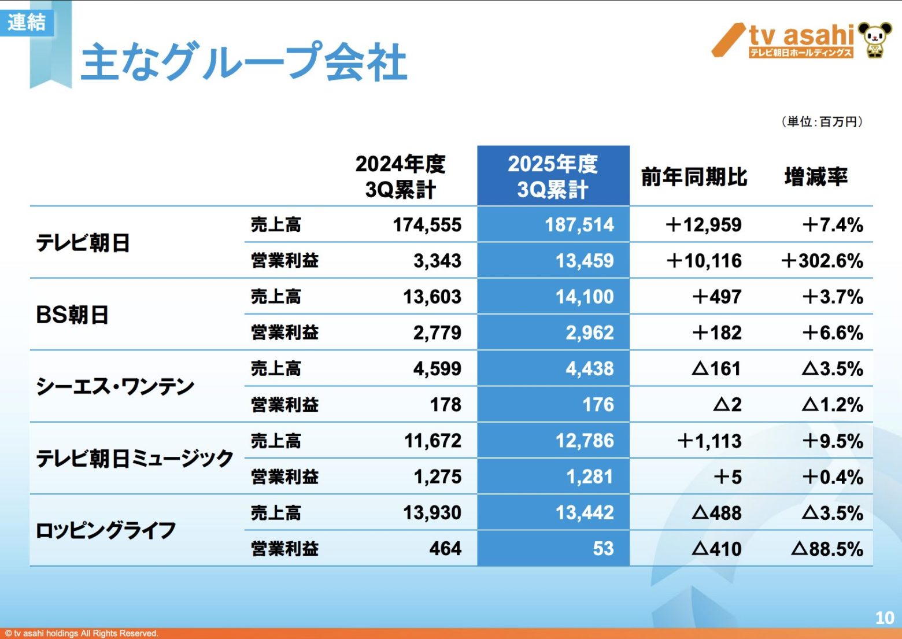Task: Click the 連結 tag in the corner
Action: pyautogui.click(x=27, y=23)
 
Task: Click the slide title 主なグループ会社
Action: pyautogui.click(x=244, y=61)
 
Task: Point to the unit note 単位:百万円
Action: pyautogui.click(x=822, y=121)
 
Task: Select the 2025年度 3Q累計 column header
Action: pyautogui.click(x=553, y=176)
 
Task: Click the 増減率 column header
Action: pyautogui.click(x=816, y=177)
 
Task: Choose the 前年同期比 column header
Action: pyautogui.click(x=694, y=177)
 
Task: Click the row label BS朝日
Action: pyautogui.click(x=72, y=315)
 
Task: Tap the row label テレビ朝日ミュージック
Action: pyautogui.click(x=135, y=459)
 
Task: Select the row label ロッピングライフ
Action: pyautogui.click(x=106, y=530)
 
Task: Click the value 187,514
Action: pyautogui.click(x=579, y=225)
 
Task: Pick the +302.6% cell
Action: pyautogui.click(x=822, y=261)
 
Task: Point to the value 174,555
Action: pyautogui.click(x=427, y=225)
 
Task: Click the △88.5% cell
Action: pyautogui.click(x=827, y=549)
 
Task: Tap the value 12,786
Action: pyautogui.click(x=585, y=441)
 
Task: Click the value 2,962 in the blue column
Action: pyautogui.click(x=590, y=333)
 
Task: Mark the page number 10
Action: pyautogui.click(x=885, y=618)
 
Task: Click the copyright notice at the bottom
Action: pyautogui.click(x=82, y=633)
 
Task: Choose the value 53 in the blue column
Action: pyautogui.click(x=603, y=549)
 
